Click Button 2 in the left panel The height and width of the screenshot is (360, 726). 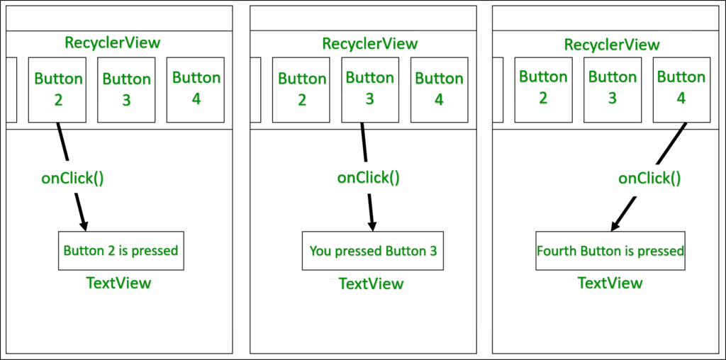tap(57, 90)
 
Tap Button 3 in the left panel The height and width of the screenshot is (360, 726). tap(126, 90)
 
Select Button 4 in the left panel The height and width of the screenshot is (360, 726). tap(196, 90)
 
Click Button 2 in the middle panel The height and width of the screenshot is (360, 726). tap(301, 90)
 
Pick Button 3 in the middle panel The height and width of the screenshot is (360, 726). tap(370, 90)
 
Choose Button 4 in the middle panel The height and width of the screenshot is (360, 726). tap(440, 90)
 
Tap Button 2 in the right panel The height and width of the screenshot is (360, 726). tap(544, 90)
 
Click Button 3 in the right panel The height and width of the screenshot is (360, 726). tap(613, 90)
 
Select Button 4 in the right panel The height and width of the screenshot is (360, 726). tap(681, 90)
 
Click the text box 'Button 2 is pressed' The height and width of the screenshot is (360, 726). tap(121, 251)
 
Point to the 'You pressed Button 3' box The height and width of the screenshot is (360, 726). tap(373, 251)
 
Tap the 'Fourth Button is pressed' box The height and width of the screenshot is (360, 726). tap(610, 251)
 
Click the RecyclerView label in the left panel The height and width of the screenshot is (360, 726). tap(113, 43)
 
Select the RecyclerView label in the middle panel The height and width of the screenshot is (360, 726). tap(370, 43)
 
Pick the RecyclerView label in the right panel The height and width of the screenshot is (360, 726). tap(612, 45)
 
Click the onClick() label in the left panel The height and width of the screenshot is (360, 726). tap(73, 179)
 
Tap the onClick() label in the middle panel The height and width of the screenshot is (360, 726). tap(368, 178)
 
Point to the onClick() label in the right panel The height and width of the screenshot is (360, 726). tap(649, 179)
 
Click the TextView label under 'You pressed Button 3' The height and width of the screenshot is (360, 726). tap(372, 283)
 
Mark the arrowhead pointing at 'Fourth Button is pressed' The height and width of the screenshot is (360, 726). tap(615, 225)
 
